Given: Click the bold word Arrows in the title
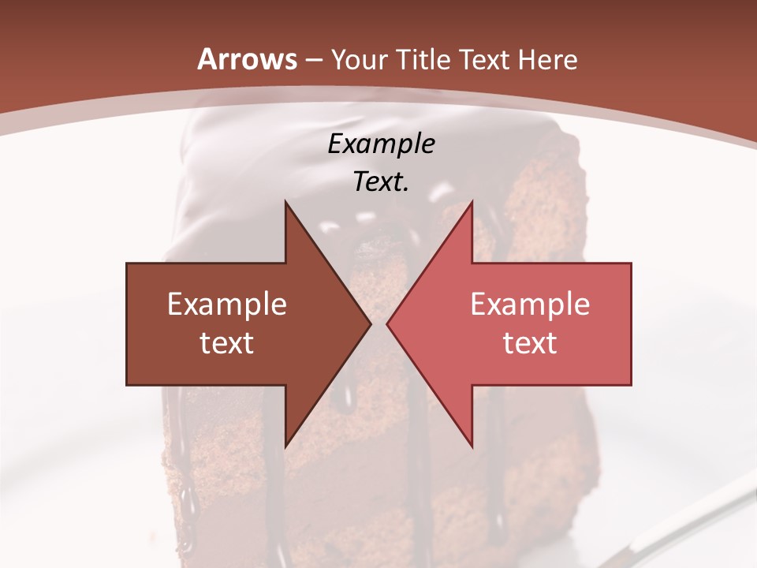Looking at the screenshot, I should (x=248, y=59).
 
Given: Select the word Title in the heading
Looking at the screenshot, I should (x=422, y=59).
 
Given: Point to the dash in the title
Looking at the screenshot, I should (x=313, y=60).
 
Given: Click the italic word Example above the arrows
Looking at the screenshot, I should (x=381, y=144).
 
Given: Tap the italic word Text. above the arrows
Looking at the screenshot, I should (x=381, y=181).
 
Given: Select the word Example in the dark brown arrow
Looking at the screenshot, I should (x=227, y=305).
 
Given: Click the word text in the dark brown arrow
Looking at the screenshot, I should (x=227, y=342).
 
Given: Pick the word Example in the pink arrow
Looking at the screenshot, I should (x=530, y=305).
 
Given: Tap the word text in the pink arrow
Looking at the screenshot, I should (x=530, y=342).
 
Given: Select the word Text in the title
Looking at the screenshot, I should (x=481, y=59).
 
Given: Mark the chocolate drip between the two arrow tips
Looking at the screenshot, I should (x=379, y=260).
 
